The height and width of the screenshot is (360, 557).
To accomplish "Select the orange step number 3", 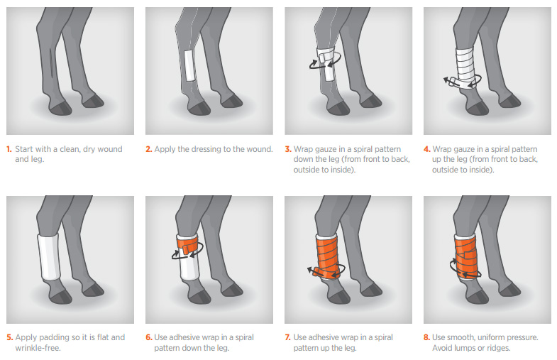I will click(287, 149).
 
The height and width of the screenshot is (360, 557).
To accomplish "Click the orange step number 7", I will click(287, 337).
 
